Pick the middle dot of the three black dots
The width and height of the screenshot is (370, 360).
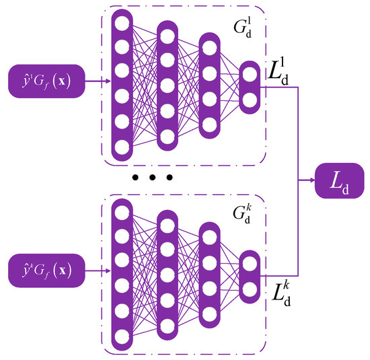click(153, 178)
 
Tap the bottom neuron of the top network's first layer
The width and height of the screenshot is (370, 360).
click(122, 147)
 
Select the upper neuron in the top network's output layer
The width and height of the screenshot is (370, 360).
click(249, 74)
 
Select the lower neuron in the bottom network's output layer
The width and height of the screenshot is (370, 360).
click(249, 287)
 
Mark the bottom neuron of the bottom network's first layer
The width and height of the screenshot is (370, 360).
click(122, 335)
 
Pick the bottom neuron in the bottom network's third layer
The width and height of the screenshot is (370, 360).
click(209, 314)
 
